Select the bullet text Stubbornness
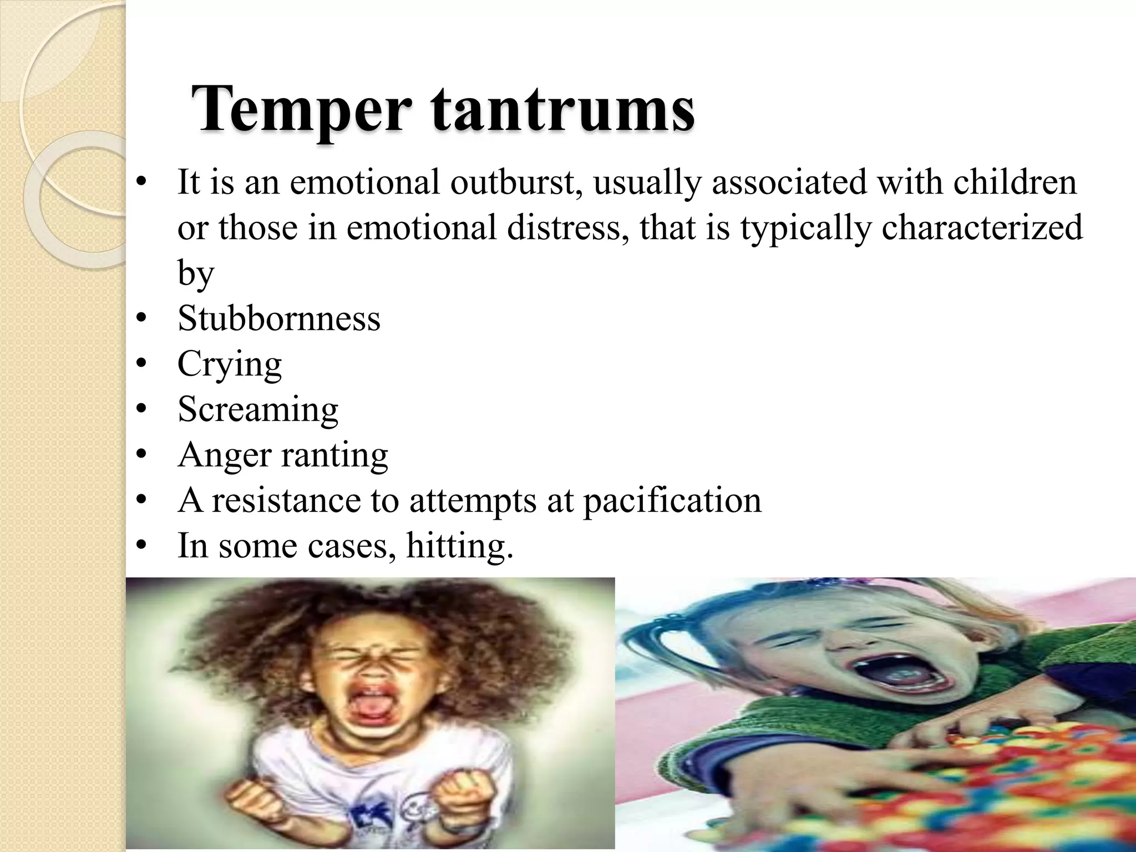(279, 319)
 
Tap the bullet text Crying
(230, 365)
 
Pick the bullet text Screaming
(258, 410)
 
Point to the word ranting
(334, 455)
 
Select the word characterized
(982, 228)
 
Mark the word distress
(568, 228)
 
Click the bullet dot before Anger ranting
(142, 456)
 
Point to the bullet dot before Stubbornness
(142, 319)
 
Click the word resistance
(286, 501)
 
